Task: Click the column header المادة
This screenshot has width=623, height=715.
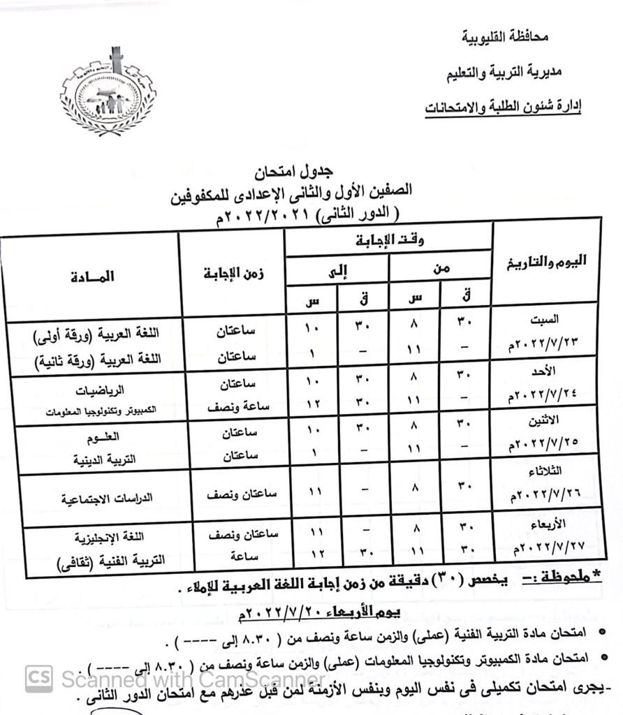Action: (91, 277)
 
